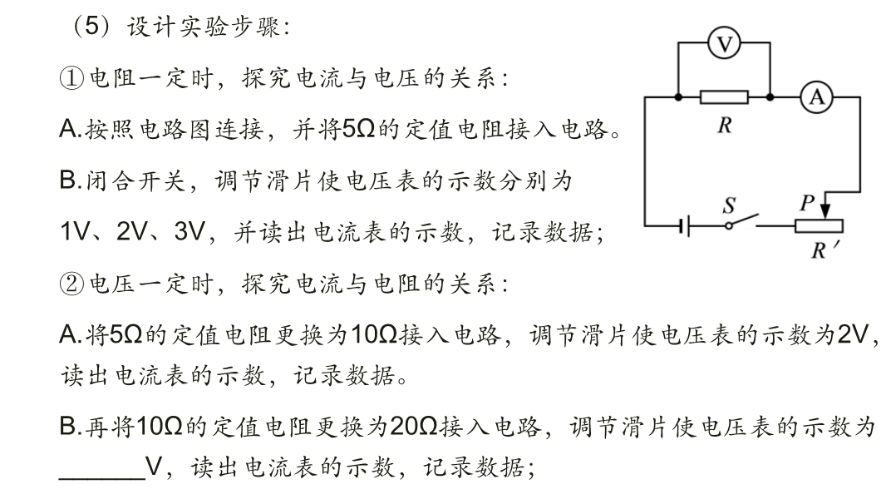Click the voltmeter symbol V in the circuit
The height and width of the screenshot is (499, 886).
coord(726,44)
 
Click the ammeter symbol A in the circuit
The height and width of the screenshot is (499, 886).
coord(815,97)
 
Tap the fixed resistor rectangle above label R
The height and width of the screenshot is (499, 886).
coord(725,97)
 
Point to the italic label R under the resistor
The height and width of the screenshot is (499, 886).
coord(724,126)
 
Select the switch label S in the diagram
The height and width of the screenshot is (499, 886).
coord(730,204)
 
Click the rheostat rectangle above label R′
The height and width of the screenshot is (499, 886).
coord(819,225)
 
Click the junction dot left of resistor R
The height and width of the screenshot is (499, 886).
coord(680,97)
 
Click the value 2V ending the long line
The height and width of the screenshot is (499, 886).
coord(852,335)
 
